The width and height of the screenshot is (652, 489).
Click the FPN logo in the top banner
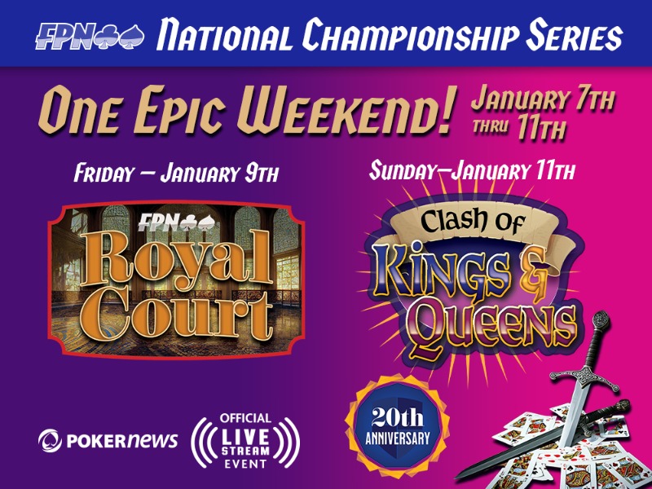click(x=90, y=36)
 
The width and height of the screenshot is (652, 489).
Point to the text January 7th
click(x=542, y=99)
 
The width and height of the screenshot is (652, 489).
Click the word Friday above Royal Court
click(x=104, y=173)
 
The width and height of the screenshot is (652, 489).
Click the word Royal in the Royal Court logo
click(x=177, y=261)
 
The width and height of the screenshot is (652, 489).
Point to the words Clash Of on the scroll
click(x=472, y=221)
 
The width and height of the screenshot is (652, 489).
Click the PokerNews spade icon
click(x=51, y=440)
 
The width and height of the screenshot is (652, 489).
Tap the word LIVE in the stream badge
click(x=245, y=436)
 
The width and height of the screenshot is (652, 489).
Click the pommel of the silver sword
click(x=601, y=319)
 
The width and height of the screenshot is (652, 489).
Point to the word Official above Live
click(x=245, y=418)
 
